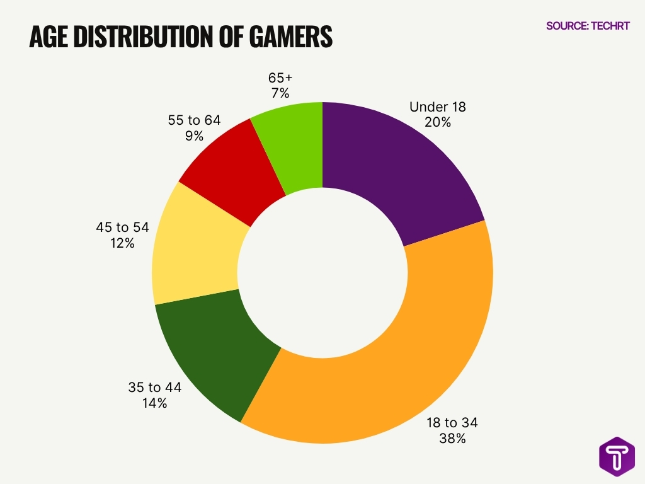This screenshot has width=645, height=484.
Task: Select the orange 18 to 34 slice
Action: [403, 353]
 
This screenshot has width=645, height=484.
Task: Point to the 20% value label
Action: [438, 122]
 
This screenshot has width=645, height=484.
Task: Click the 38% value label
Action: [452, 438]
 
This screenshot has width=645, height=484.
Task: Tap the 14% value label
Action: [154, 403]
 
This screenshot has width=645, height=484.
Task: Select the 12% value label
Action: [122, 243]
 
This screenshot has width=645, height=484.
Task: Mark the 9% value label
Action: [194, 135]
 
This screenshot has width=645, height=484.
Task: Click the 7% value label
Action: [280, 93]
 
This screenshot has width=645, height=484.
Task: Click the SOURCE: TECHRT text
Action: [587, 26]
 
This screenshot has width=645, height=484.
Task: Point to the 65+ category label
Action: [280, 78]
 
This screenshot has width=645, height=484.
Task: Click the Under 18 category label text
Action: [438, 107]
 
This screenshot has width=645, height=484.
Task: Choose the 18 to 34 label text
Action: [452, 422]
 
